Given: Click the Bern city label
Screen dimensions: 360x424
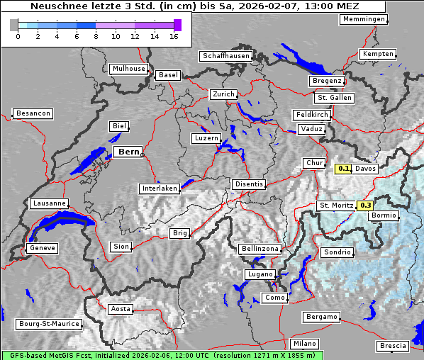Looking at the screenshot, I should point(129,152).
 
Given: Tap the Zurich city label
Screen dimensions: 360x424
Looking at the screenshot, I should point(223,94).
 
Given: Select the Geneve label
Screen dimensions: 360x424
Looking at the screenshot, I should point(42,248).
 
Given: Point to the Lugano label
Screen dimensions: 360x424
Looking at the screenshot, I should point(260,274).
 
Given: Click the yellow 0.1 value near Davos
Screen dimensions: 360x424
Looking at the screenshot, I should point(343,169).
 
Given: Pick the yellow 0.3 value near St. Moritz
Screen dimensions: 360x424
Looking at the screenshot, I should point(366,206).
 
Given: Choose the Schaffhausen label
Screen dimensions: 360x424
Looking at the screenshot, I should point(225,55).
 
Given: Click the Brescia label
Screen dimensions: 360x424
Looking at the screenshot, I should point(393,345).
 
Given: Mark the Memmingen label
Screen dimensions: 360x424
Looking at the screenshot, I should point(364,19).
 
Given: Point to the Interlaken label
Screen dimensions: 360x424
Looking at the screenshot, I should point(160,189).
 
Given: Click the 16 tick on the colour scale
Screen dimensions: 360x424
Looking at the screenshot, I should point(174,35).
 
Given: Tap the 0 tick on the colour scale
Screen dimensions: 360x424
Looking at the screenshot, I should point(18,35).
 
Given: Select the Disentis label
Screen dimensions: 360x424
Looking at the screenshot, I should point(249,184).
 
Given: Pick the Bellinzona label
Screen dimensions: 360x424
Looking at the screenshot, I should point(260,249).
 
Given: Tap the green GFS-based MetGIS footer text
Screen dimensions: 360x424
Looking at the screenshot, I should point(162,355).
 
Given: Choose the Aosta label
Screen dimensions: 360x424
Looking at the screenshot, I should point(121,309).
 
